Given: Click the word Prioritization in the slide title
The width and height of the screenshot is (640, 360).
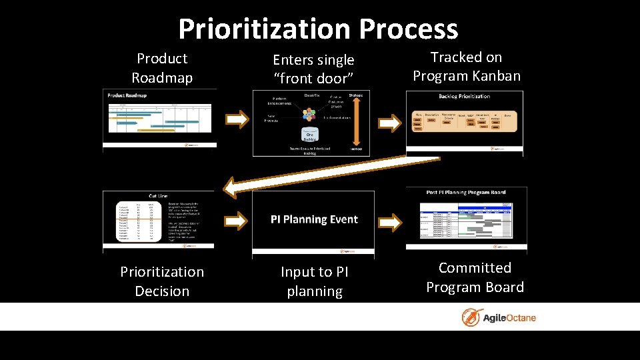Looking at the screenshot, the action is coord(264,29).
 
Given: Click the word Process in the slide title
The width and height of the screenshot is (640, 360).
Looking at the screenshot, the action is coord(408,29).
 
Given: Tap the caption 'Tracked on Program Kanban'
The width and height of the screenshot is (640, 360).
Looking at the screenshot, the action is coord(467,67).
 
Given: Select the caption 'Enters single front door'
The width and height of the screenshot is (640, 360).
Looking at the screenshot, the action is coord(313,69).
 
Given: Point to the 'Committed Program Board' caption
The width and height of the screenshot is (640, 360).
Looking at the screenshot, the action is coord(475,277).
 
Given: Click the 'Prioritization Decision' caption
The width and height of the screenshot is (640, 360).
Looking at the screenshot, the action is coord(162,281).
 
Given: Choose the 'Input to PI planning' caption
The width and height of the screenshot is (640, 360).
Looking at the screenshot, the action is coord(315,281).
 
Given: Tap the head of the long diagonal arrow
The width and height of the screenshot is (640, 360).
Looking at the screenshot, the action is coord(231,187).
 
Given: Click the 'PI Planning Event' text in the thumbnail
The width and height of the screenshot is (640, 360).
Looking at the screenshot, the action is coord(314,219).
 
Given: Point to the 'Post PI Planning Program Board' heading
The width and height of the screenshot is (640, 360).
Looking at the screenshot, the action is coord(466,192).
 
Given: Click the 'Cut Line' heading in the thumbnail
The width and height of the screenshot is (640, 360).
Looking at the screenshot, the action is coord(158,196).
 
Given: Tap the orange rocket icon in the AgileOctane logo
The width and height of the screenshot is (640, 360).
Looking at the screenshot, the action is coord(473,317).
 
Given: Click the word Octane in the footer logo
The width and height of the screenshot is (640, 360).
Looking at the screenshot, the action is coord(519,317).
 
